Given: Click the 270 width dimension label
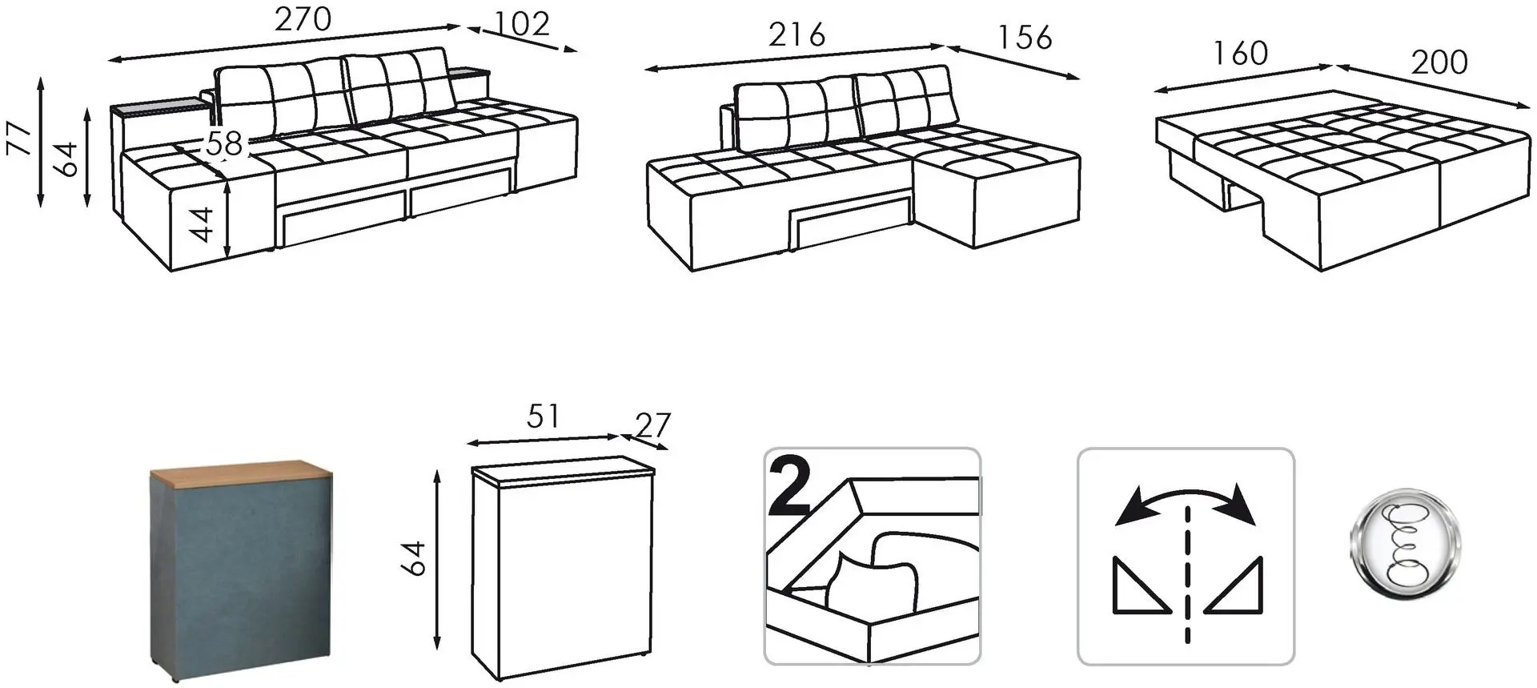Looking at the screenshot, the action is [303, 19].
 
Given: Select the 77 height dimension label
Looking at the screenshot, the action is [22, 138].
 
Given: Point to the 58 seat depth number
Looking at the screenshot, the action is [224, 144].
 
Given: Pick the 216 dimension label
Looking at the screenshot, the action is [797, 35].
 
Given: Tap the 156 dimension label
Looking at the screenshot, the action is [1025, 38].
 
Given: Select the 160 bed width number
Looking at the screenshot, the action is [1240, 54].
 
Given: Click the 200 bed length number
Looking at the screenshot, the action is [1439, 62].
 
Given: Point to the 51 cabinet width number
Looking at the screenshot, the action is [544, 416].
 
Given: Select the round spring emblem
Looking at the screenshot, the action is [1405, 544].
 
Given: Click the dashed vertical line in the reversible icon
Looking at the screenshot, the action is [1186, 574].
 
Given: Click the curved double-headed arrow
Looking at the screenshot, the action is [1186, 501].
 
